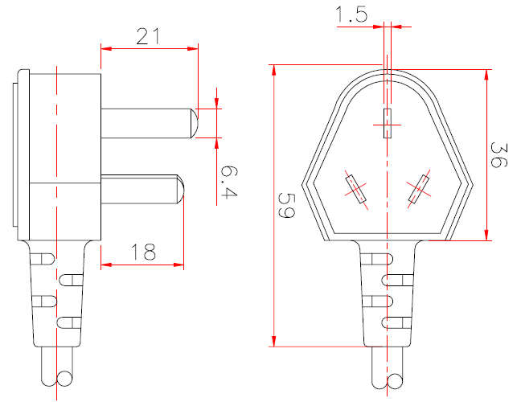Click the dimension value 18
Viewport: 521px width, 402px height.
pyautogui.click(x=142, y=252)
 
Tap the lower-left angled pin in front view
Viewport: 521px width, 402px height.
pyautogui.click(x=354, y=190)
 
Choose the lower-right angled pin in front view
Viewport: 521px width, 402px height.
pyautogui.click(x=419, y=190)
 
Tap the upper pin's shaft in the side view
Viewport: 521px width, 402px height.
pyautogui.click(x=145, y=123)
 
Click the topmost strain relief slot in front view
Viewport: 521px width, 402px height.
pyautogui.click(x=377, y=259)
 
